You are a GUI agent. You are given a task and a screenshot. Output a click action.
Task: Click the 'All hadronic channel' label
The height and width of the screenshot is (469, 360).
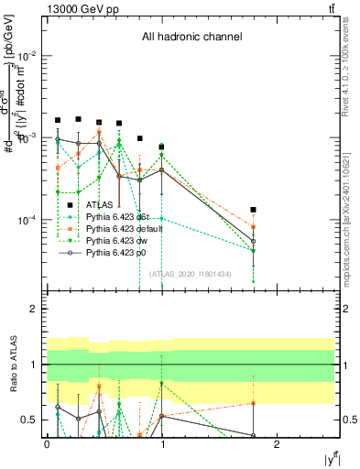[x=191, y=38]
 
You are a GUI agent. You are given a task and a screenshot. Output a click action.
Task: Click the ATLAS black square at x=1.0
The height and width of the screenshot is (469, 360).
[x=161, y=147]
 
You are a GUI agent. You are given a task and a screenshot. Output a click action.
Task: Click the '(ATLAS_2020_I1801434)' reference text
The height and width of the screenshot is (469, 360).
[x=191, y=275]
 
